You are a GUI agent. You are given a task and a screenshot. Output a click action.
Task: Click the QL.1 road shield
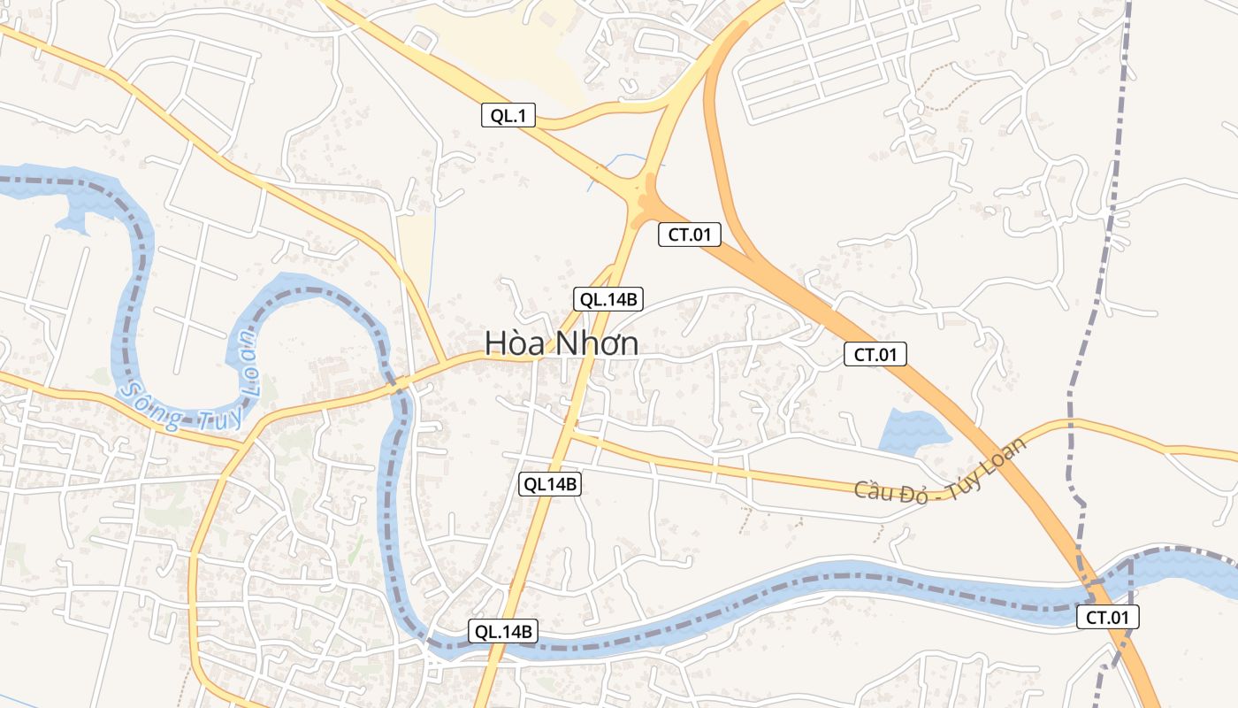pyautogui.click(x=508, y=115)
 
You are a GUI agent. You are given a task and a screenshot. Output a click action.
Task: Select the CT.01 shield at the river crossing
pyautogui.click(x=1107, y=618)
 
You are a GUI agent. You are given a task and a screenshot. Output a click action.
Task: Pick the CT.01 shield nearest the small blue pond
pyautogui.click(x=875, y=355)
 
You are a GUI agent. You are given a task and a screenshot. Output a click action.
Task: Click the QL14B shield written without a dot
pyautogui.click(x=549, y=483)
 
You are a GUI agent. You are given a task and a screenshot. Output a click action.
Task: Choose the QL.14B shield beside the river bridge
pyautogui.click(x=502, y=631)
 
